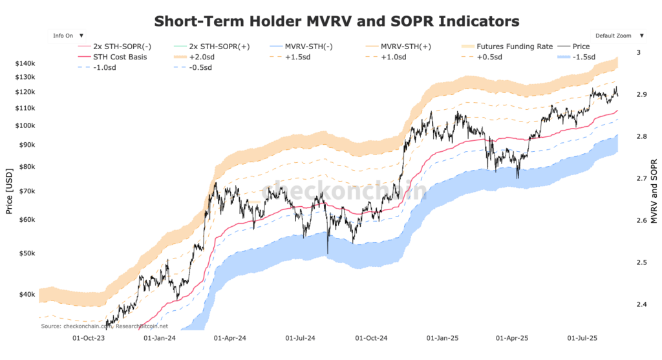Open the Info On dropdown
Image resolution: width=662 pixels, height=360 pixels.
(70, 36)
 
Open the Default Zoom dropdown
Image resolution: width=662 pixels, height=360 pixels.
(618, 36)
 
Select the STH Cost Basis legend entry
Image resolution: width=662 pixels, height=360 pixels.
(124, 57)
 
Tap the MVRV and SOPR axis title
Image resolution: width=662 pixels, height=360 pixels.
(654, 192)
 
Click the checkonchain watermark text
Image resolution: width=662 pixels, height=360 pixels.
(343, 192)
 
